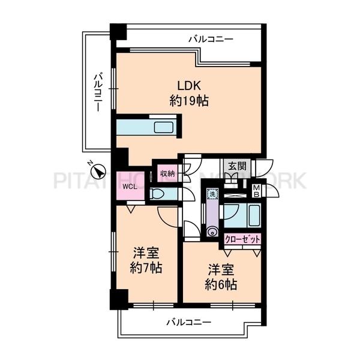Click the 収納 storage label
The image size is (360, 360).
point(167,173)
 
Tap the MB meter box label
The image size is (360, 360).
point(256,191)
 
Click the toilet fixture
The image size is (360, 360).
point(158,194)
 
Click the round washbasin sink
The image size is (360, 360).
point(211,231)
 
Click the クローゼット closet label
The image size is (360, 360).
point(243,238)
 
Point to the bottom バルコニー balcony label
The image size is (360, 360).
point(189,322)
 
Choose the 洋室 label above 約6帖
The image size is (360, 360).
point(222,269)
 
